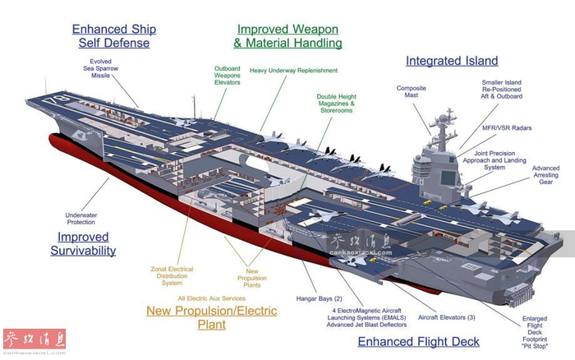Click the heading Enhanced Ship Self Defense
click(x=114, y=35)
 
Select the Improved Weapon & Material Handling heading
click(x=287, y=35)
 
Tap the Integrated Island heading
click(x=452, y=61)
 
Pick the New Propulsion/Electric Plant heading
click(x=211, y=317)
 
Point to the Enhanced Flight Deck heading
click(x=418, y=342)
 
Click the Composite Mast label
click(x=412, y=92)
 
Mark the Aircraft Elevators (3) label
click(x=446, y=317)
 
